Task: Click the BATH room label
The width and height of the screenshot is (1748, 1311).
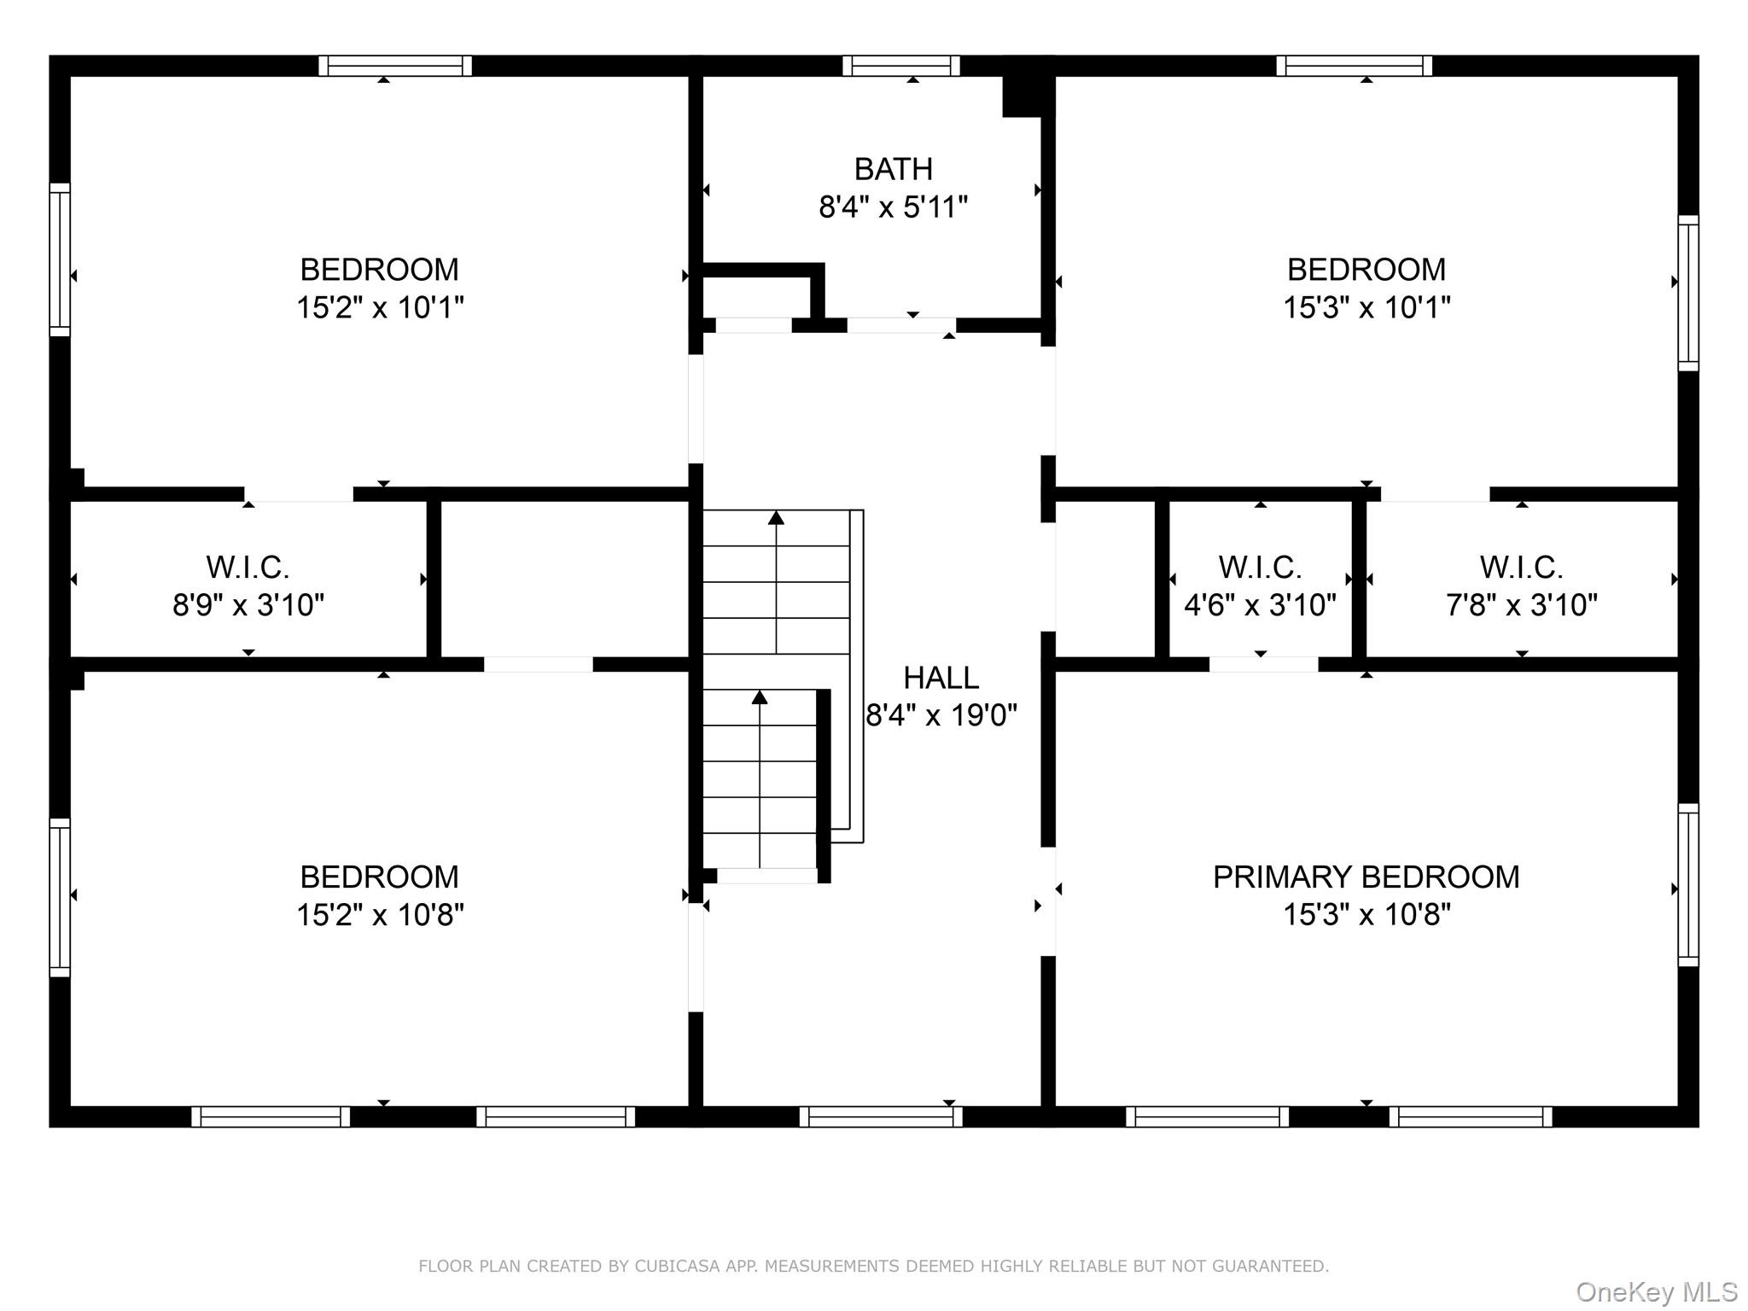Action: [x=893, y=169]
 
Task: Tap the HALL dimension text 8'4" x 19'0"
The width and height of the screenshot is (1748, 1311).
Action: [x=941, y=715]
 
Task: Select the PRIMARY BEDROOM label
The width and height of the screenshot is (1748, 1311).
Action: [x=1366, y=877]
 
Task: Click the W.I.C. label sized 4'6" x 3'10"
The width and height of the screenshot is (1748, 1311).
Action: [x=1260, y=567]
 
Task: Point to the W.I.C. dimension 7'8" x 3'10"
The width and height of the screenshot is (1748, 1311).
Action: [x=1521, y=605]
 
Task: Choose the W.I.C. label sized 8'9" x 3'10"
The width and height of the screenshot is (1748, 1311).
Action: [x=248, y=567]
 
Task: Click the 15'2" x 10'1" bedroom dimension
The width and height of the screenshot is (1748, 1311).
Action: [x=380, y=307]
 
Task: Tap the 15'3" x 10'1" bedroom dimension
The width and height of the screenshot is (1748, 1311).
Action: [x=1366, y=307]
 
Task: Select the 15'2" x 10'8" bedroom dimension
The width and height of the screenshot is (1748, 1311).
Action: [x=380, y=915]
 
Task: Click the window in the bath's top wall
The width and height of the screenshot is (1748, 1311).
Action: [x=901, y=66]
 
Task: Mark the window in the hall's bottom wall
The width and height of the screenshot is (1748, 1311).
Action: [x=881, y=1116]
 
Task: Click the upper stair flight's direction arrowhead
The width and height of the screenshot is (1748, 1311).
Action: [x=776, y=517]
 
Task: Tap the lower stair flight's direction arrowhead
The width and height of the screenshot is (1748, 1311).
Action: [x=760, y=697]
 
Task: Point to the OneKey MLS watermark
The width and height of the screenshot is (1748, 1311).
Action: [x=1656, y=1292]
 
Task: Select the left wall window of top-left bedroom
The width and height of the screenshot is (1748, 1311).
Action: [x=60, y=259]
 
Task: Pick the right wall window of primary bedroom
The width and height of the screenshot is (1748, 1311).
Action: [x=1687, y=884]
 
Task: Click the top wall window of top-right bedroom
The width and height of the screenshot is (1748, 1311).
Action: [x=1355, y=66]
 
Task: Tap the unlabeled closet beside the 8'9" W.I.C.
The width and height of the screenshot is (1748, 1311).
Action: [x=564, y=579]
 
